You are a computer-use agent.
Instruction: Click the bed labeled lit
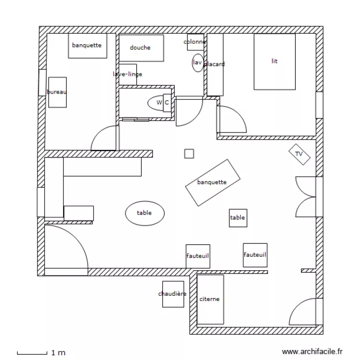click(274, 61)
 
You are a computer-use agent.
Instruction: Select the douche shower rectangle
click(141, 48)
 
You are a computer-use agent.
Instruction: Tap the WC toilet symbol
click(160, 102)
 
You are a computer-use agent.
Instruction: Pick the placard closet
click(215, 64)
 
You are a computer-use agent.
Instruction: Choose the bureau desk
click(57, 92)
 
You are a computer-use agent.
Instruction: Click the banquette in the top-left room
click(87, 46)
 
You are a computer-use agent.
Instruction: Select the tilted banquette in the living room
click(213, 182)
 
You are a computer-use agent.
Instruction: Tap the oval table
click(144, 213)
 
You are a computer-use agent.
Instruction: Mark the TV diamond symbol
click(299, 154)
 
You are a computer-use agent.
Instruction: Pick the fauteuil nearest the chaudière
click(198, 256)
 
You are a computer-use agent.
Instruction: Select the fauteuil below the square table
click(255, 254)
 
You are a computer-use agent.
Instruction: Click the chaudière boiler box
click(173, 294)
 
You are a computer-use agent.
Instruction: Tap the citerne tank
click(210, 299)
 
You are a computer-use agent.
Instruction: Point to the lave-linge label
click(128, 74)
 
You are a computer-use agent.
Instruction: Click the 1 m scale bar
click(32, 353)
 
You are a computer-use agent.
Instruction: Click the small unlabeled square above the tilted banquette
click(189, 154)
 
